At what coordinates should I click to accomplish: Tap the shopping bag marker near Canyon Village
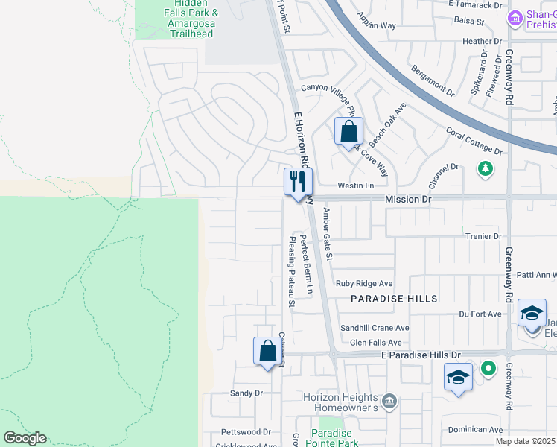pos(348,132)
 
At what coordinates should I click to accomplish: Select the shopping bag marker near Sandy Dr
pos(268,350)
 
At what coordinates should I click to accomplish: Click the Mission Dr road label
pos(408,200)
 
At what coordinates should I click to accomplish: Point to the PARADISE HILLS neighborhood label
pos(395,298)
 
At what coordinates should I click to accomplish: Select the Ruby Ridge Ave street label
pos(364,284)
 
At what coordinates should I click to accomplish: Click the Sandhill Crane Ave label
pos(375,328)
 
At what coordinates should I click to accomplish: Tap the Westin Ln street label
pos(355,186)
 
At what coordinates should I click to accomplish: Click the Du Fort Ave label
pos(480,314)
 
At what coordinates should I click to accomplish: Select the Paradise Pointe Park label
pos(331,438)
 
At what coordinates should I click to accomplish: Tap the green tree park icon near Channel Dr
pos(486,168)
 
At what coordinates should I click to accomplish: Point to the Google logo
pos(25,438)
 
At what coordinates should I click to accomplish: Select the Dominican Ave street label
pos(475,430)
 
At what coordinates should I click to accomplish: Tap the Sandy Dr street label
pos(247,393)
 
